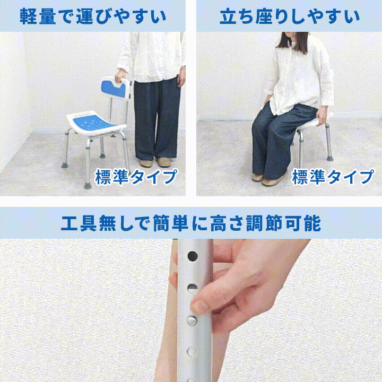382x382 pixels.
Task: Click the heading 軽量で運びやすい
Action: pyautogui.click(x=92, y=16)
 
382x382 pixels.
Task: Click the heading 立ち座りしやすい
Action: pyautogui.click(x=290, y=16)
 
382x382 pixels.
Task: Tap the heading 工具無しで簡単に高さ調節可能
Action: pyautogui.click(x=191, y=223)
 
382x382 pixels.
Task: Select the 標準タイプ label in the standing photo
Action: pyautogui.click(x=136, y=177)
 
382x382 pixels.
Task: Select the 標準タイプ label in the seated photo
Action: pyautogui.click(x=333, y=177)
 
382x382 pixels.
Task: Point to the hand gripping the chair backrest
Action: pyautogui.click(x=121, y=75)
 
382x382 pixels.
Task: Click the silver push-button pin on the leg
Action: pyautogui.click(x=192, y=320)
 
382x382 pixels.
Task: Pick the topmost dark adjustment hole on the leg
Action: pyautogui.click(x=193, y=256)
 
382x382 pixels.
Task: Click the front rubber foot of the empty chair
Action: pyautogui.click(x=88, y=185)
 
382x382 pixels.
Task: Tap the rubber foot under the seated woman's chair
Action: pyautogui.click(x=330, y=158)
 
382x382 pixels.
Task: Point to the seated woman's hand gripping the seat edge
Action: pyautogui.click(x=322, y=116)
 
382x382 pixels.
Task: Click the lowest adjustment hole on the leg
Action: pyautogui.click(x=192, y=352)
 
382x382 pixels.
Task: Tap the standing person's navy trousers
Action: pyautogui.click(x=157, y=119)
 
